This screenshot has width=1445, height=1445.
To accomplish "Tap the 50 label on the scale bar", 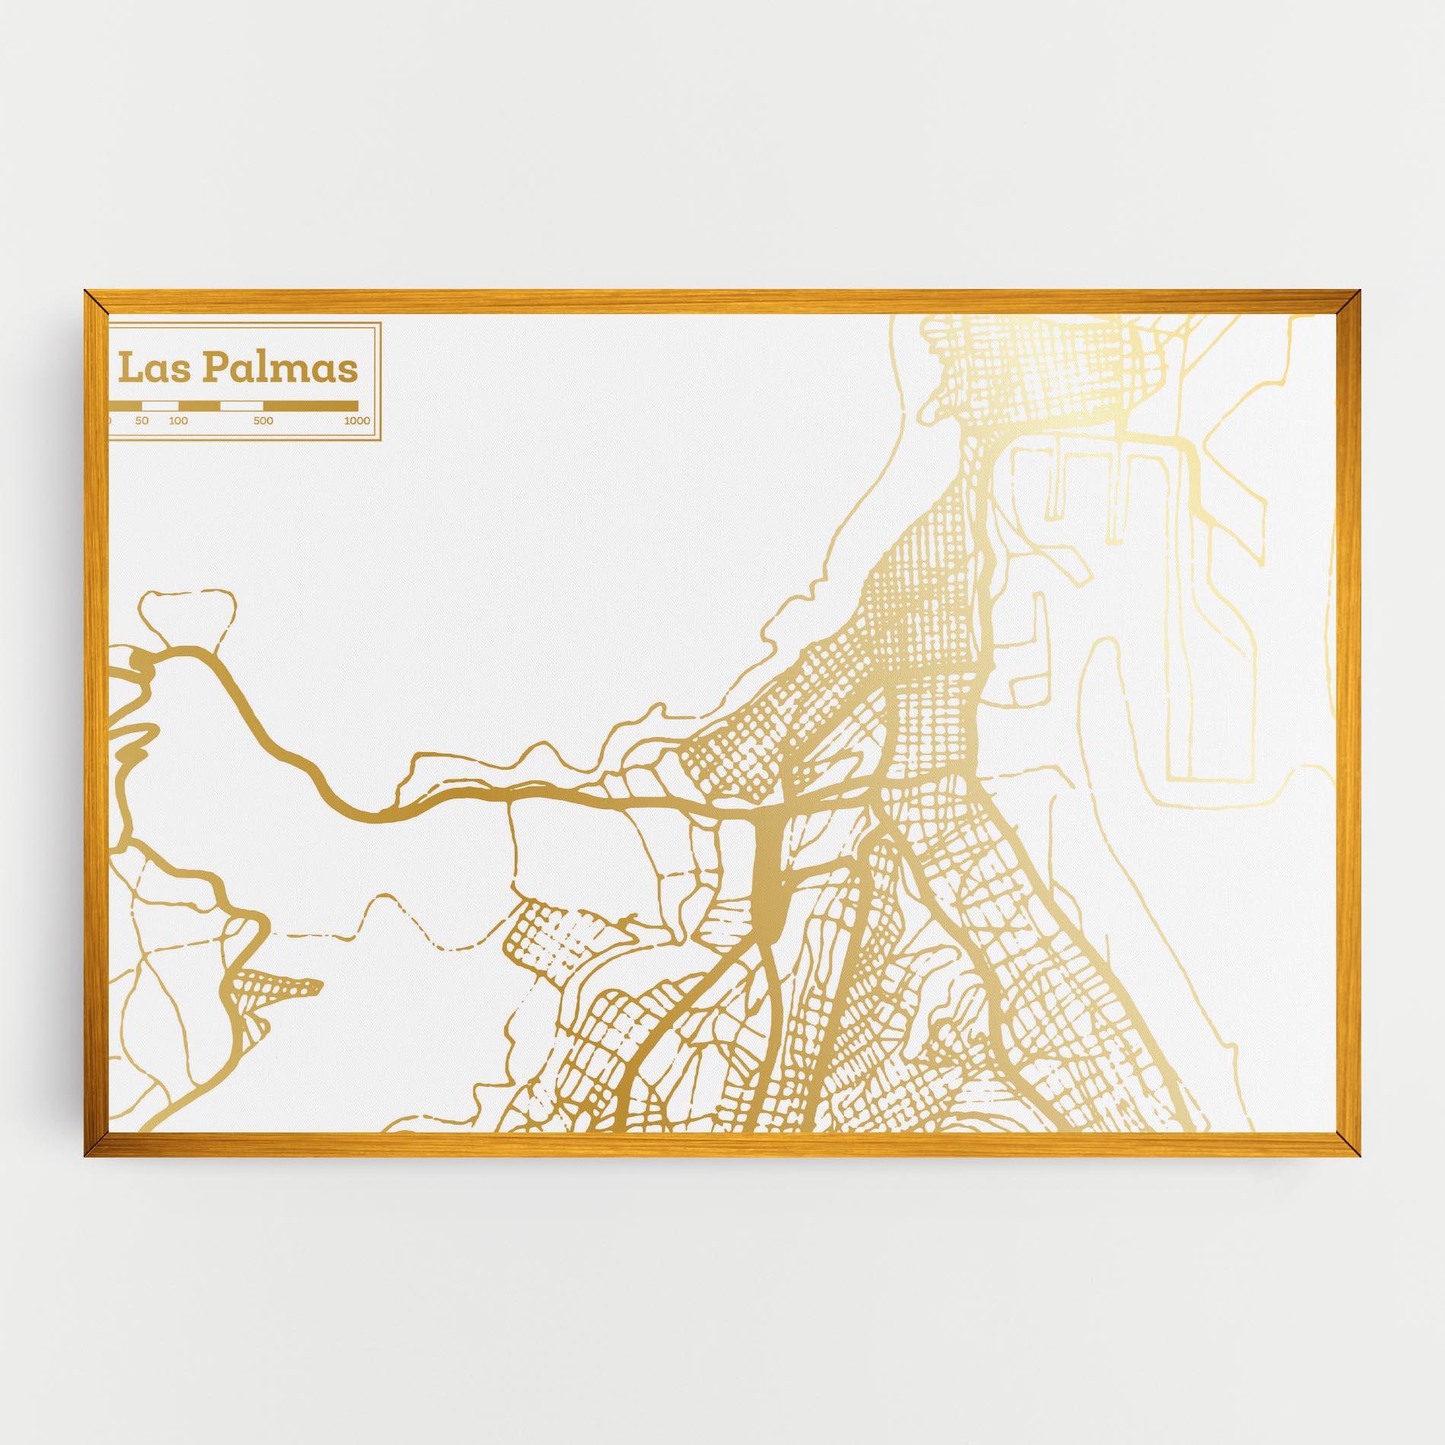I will click(142, 421).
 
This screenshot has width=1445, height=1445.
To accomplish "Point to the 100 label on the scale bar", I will click(179, 421).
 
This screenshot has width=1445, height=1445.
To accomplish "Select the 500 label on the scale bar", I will click(263, 421).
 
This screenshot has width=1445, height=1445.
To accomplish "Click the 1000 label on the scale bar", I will click(357, 421).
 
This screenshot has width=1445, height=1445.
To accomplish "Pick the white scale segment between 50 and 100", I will click(160, 405).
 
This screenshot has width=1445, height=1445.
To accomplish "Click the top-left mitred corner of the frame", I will click(95, 301).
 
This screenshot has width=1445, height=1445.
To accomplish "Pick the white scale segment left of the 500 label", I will click(241, 405).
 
